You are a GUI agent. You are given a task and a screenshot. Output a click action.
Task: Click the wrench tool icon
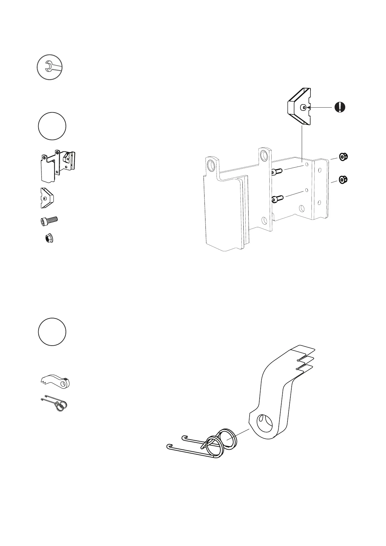(x=49, y=67)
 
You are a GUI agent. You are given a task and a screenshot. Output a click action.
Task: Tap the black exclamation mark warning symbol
(x=340, y=107)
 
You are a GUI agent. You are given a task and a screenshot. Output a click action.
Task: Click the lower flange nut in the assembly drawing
(x=343, y=179)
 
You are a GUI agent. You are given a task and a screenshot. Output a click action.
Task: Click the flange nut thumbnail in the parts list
(x=49, y=239)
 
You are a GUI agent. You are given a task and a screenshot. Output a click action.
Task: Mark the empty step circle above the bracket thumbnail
(x=52, y=126)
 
